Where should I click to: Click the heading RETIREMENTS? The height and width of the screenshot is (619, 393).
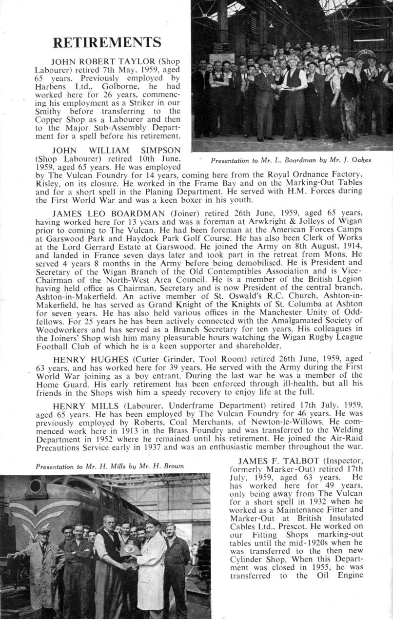pyautogui.click(x=107, y=42)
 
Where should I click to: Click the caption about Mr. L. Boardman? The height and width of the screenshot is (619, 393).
pyautogui.click(x=291, y=160)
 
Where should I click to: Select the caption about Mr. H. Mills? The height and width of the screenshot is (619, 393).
pyautogui.click(x=110, y=466)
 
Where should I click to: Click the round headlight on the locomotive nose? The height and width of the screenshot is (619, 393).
pyautogui.click(x=37, y=486)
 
